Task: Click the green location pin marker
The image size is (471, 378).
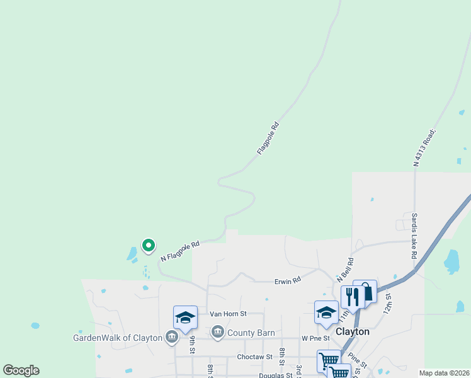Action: click(148, 244)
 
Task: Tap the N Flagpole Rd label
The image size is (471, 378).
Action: click(179, 250)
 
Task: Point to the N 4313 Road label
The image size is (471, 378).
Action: click(425, 148)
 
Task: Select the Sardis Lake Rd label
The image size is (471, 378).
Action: click(414, 236)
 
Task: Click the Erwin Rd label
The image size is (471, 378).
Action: click(287, 282)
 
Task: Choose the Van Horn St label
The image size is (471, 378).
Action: click(227, 313)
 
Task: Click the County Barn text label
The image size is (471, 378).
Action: click(251, 332)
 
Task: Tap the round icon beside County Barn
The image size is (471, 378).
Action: click(218, 331)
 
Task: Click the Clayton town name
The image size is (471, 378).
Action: click(353, 331)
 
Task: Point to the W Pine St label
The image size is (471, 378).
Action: click(315, 338)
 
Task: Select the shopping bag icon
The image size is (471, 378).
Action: click(366, 290)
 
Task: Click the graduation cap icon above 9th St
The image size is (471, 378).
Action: click(185, 316)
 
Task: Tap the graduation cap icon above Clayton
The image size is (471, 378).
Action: click(326, 311)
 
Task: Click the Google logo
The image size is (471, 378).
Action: click(21, 370)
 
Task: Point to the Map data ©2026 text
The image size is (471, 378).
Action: click(444, 373)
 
